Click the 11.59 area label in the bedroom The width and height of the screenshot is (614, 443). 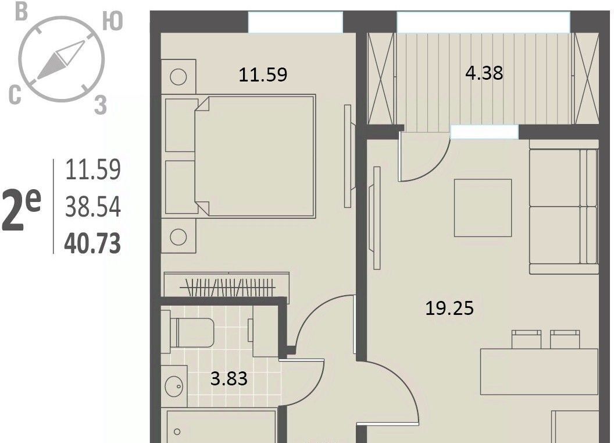click(x=263, y=75)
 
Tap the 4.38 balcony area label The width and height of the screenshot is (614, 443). click(x=484, y=73)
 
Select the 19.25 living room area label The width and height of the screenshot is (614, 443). click(x=449, y=308)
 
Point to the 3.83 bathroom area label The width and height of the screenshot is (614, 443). click(x=229, y=379)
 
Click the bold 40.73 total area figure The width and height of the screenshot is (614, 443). click(x=92, y=243)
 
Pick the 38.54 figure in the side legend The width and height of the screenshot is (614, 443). click(x=93, y=207)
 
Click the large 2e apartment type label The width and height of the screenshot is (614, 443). click(x=21, y=210)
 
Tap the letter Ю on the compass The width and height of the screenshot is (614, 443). click(x=113, y=21)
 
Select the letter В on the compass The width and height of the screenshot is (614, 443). click(x=22, y=12)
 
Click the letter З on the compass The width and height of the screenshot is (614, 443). click(x=101, y=105)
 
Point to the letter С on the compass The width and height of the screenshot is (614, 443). click(x=15, y=95)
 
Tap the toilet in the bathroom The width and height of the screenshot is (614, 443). click(x=192, y=332)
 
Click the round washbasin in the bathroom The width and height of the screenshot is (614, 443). click(x=174, y=386)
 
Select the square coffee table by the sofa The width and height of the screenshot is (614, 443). click(x=483, y=208)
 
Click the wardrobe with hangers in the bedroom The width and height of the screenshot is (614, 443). click(x=226, y=285)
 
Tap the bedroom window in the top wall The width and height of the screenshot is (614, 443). click(x=295, y=22)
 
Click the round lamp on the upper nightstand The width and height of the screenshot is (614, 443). click(x=178, y=76)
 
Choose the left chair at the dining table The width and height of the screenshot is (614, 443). click(x=527, y=339)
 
